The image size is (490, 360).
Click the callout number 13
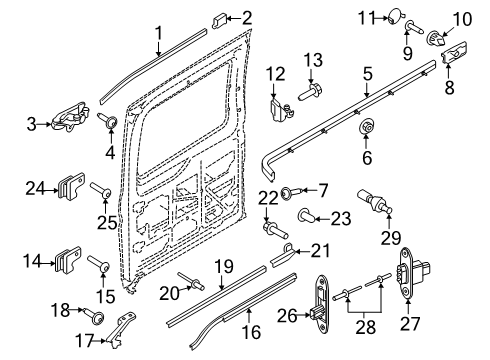tap(314, 60)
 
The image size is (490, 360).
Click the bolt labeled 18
tap(99, 313)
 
